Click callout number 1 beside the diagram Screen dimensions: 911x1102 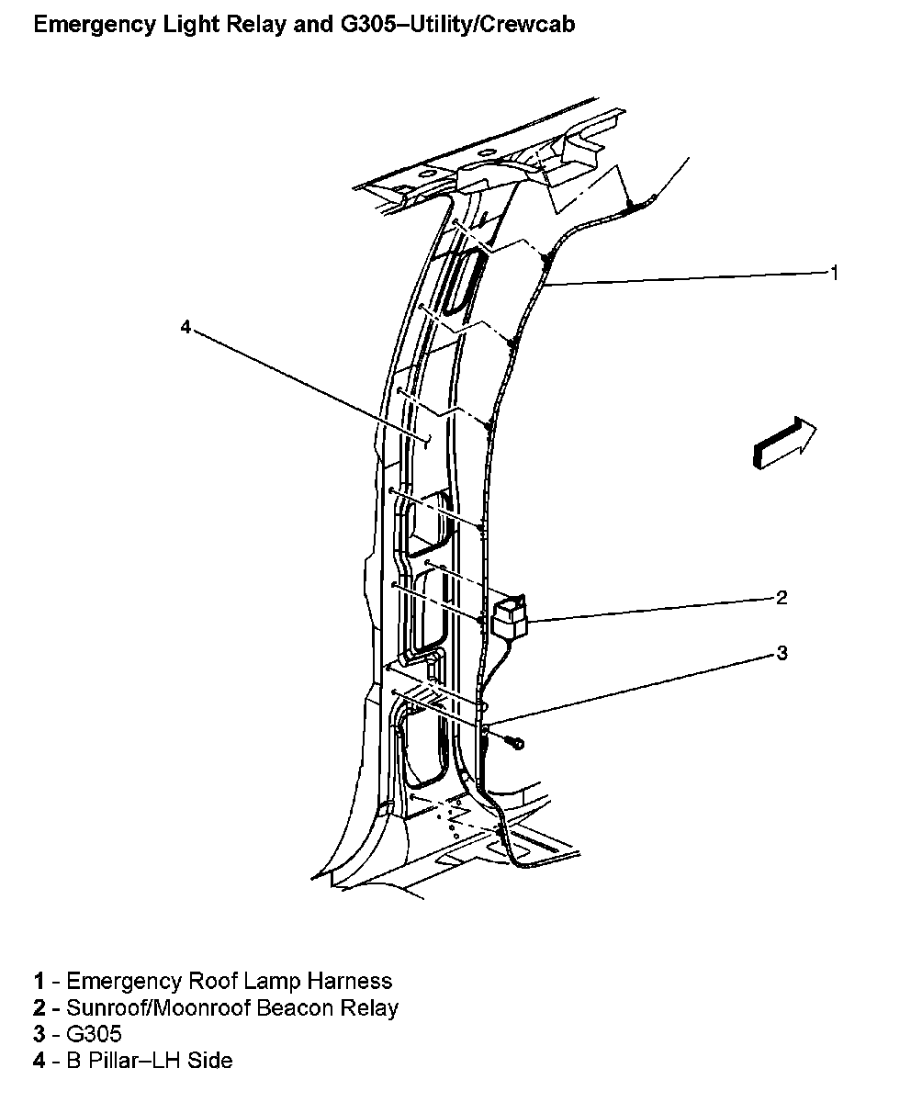click(x=834, y=272)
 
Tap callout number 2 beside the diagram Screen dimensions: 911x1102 click(x=782, y=598)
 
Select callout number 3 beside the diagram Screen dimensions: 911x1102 click(x=782, y=653)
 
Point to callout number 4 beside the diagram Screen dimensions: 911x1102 click(x=186, y=326)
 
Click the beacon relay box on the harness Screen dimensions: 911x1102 click(x=510, y=618)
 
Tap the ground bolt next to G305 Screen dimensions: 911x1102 click(x=514, y=741)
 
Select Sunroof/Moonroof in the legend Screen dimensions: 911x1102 click(x=144, y=1007)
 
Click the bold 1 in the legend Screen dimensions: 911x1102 click(x=39, y=981)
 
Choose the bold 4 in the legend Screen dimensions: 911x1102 click(x=39, y=1061)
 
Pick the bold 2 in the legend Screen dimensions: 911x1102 click(x=39, y=1007)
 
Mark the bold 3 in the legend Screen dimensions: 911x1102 click(x=39, y=1034)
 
